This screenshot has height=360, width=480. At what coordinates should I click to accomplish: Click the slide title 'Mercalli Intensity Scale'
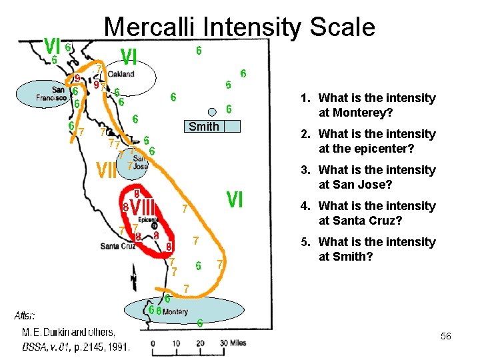pyautogui.click(x=240, y=27)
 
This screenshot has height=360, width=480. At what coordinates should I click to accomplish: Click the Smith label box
pyautogui.click(x=203, y=127)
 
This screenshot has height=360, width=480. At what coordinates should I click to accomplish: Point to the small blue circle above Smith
pyautogui.click(x=212, y=112)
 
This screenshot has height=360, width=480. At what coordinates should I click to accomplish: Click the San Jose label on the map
pyautogui.click(x=140, y=161)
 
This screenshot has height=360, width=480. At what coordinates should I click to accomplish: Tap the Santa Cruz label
pyautogui.click(x=118, y=246)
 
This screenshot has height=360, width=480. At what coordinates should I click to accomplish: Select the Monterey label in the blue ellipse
pyautogui.click(x=175, y=311)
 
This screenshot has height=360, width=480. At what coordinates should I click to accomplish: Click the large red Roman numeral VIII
pyautogui.click(x=143, y=208)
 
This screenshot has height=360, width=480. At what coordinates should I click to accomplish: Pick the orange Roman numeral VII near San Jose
pyautogui.click(x=107, y=171)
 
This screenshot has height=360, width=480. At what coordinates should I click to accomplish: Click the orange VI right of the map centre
pyautogui.click(x=234, y=199)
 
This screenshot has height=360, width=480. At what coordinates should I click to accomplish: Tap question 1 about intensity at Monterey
pyautogui.click(x=377, y=105)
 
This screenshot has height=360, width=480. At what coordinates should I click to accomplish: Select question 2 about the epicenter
pyautogui.click(x=377, y=141)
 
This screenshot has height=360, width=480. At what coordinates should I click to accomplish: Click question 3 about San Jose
pyautogui.click(x=377, y=177)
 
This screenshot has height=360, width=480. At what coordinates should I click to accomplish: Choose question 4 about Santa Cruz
pyautogui.click(x=377, y=213)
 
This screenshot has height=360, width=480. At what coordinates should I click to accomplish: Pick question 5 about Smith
pyautogui.click(x=377, y=249)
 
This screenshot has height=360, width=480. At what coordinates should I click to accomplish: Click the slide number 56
pyautogui.click(x=445, y=337)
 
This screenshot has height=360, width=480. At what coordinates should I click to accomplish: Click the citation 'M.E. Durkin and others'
pyautogui.click(x=68, y=332)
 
